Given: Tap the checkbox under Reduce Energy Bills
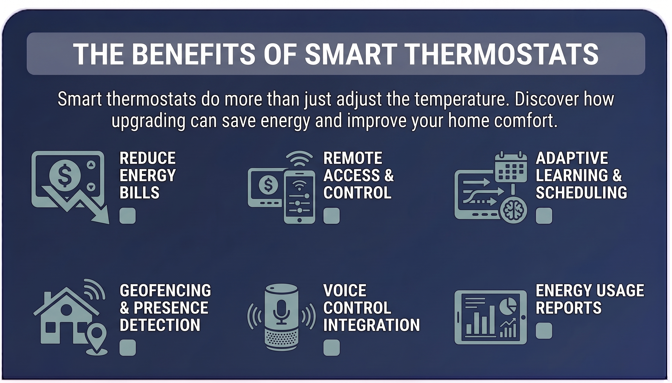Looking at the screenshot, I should click(128, 216).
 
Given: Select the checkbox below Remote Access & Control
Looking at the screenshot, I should click(331, 216).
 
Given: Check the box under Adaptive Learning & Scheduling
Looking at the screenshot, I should click(544, 216).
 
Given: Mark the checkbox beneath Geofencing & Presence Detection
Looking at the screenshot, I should click(128, 348).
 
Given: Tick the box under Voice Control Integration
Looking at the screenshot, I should click(331, 348).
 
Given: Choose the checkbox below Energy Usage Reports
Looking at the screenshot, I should click(544, 330).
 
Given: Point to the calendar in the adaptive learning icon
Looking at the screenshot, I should click(511, 168).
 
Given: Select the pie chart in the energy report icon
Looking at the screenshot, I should click(508, 305).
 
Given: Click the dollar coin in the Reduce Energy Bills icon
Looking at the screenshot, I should click(65, 175).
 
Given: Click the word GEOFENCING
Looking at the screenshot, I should click(165, 291).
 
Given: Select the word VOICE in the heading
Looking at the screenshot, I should click(345, 291).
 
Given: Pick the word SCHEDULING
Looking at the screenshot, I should click(581, 192).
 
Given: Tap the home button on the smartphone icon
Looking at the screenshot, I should click(299, 220).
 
